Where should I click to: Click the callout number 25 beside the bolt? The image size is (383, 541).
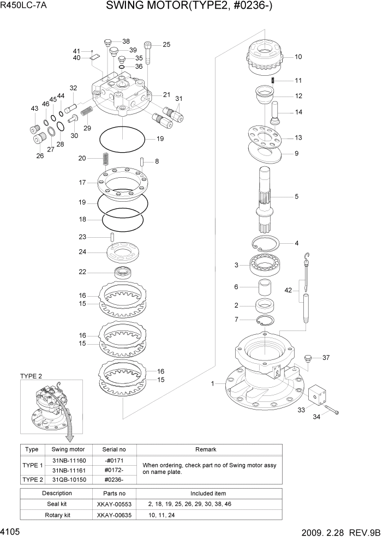tap(166, 45)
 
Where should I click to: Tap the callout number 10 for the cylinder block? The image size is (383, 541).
tap(298, 56)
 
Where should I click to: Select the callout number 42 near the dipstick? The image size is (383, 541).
tap(289, 291)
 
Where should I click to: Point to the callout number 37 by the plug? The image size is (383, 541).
tap(326, 358)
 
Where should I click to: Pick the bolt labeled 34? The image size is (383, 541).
tap(332, 410)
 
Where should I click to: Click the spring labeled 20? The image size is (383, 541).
tap(106, 160)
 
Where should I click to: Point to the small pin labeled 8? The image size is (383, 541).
tap(141, 161)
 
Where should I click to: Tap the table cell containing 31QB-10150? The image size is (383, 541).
tap(68, 479)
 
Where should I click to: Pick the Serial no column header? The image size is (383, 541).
tap(114, 449)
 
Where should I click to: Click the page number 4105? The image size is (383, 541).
tap(13, 531)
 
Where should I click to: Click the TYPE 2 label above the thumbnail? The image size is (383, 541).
tap(31, 376)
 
